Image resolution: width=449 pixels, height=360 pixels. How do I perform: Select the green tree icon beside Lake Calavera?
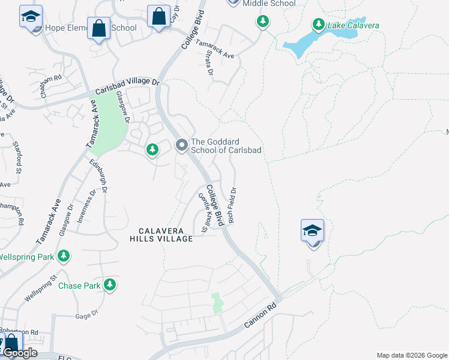tap(318, 25)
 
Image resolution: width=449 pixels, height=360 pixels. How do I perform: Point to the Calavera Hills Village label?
tap(161, 235)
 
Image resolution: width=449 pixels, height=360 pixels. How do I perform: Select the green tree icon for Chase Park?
tap(109, 284)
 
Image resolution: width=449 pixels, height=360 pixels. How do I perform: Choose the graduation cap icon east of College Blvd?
tap(312, 230)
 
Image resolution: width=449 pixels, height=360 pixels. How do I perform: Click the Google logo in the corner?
tap(20, 353)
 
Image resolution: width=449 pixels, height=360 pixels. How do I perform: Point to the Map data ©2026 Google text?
tap(412, 355)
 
